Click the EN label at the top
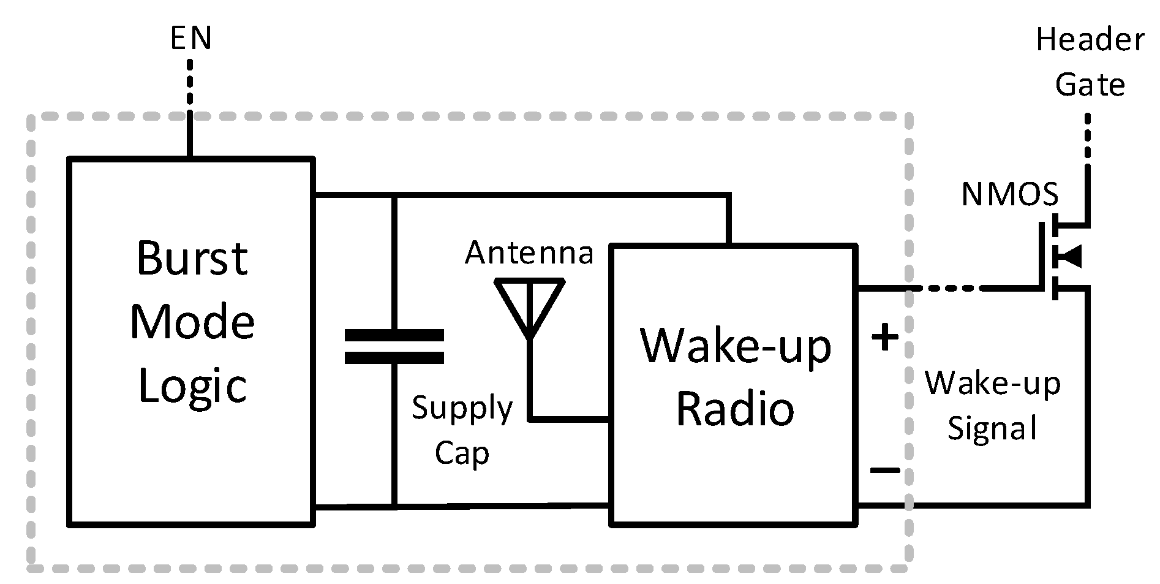click(x=190, y=39)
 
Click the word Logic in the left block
click(x=192, y=387)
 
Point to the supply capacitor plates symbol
click(x=394, y=347)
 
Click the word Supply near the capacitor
click(x=462, y=409)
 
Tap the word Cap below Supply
click(x=462, y=454)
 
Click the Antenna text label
click(x=529, y=252)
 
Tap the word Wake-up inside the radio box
click(x=735, y=347)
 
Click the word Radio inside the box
click(x=735, y=409)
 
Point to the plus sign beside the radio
click(x=885, y=337)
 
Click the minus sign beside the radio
click(x=885, y=471)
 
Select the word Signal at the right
click(x=992, y=428)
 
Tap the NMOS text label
click(x=1009, y=195)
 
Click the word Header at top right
click(x=1090, y=40)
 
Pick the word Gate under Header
click(x=1090, y=85)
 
